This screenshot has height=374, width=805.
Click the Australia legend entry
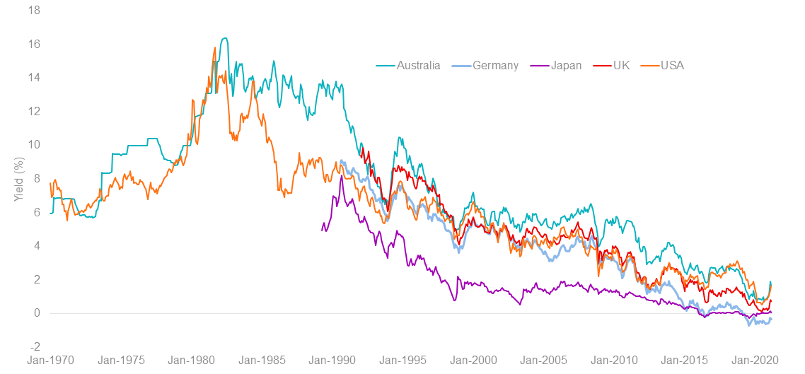(408, 65)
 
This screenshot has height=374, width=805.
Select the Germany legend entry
(485, 65)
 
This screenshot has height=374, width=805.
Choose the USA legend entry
(662, 65)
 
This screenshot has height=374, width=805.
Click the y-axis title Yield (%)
(19, 178)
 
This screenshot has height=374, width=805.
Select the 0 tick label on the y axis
(36, 313)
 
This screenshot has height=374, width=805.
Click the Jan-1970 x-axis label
(50, 360)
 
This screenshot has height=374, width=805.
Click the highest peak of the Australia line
(224, 38)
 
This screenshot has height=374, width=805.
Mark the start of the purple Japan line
(322, 230)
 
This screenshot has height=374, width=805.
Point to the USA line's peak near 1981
(214, 47)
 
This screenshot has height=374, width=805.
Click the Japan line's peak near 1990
(342, 175)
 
